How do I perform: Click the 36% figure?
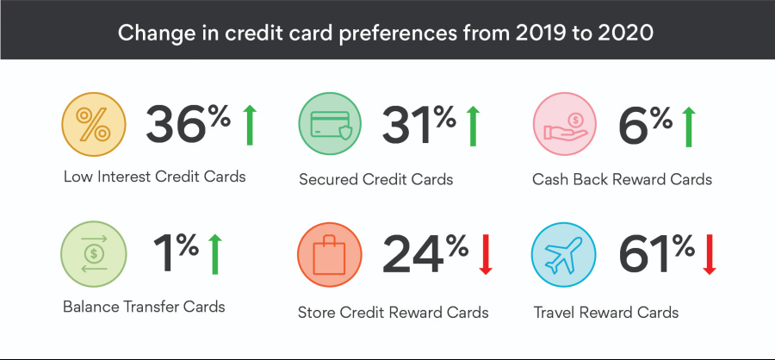[x=188, y=124]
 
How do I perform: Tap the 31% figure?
[x=418, y=124]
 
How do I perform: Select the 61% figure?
[x=656, y=253]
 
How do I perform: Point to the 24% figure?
[x=425, y=253]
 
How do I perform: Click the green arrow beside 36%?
[x=250, y=125]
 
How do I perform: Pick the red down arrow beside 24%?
[x=486, y=255]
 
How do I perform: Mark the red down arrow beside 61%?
[x=710, y=255]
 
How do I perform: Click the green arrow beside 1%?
[x=215, y=254]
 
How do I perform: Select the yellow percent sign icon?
[x=93, y=124]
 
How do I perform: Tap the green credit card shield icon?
[x=330, y=124]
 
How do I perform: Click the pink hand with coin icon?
[x=564, y=124]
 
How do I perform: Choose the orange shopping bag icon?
[x=330, y=254]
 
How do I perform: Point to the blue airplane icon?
[x=563, y=254]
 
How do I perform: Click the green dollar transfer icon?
[x=93, y=254]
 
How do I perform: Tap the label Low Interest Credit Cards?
[x=154, y=177]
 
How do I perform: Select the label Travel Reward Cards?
[x=606, y=313]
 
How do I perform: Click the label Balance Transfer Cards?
[x=144, y=307]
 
